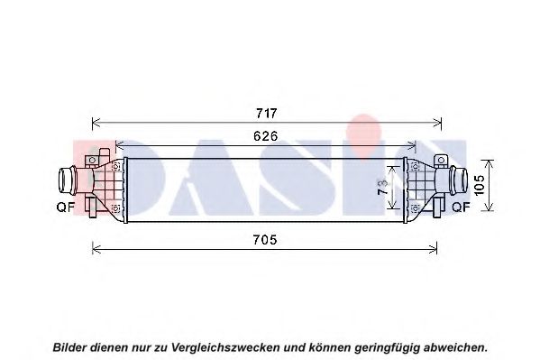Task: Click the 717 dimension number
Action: coord(267,113)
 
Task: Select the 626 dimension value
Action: coord(266,136)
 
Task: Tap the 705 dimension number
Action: coord(265,240)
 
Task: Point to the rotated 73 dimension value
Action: coord(383,188)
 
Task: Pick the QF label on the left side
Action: coord(66,207)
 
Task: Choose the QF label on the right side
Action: coord(461,207)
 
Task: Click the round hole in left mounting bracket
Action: coord(92,161)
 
